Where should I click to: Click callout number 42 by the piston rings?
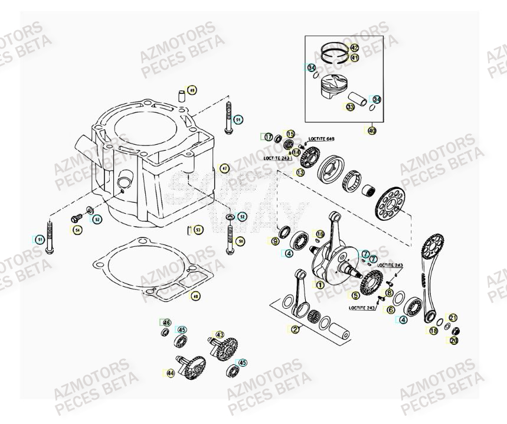[354, 47]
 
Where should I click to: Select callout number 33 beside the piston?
[350, 107]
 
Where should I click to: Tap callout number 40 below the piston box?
[371, 131]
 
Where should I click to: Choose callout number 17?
[269, 137]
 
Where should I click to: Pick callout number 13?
[300, 172]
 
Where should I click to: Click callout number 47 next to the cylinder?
[224, 168]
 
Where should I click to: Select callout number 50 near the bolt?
[240, 241]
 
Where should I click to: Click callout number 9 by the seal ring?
[275, 241]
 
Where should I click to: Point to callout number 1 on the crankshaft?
[320, 285]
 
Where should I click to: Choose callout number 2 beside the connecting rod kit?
[295, 329]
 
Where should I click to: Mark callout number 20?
[454, 341]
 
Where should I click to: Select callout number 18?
[434, 331]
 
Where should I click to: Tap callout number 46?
[166, 322]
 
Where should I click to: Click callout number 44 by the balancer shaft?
[170, 373]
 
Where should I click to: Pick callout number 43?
[220, 335]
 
